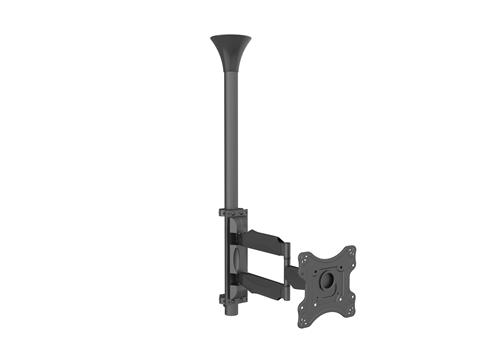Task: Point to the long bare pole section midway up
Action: pyautogui.click(x=231, y=140)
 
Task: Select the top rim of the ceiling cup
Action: pyautogui.click(x=231, y=37)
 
